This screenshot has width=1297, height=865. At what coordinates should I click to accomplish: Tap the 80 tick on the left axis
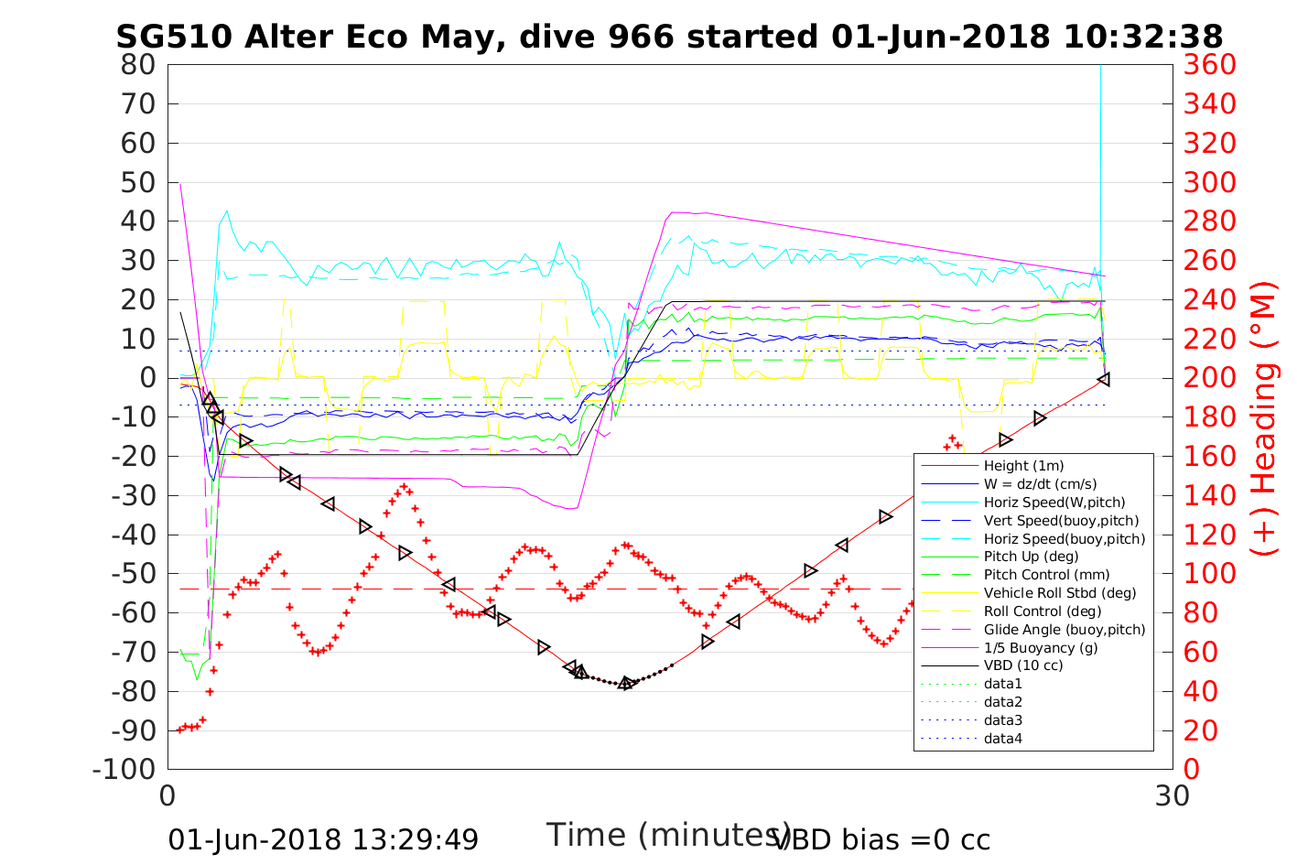point(137,65)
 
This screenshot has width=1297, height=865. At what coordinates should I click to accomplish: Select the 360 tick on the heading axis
point(1209,65)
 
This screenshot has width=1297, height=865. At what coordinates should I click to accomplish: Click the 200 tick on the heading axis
point(1209,378)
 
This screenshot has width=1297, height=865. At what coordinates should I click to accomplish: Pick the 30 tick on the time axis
point(1173,795)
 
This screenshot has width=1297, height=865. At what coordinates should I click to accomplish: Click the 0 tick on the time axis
point(168,795)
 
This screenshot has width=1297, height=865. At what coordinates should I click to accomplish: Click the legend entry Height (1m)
point(1023,466)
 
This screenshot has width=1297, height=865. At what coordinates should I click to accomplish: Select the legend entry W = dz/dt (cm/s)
point(1040,484)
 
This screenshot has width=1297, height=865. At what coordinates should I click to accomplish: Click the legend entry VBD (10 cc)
point(1023,665)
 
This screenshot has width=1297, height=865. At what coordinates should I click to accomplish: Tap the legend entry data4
point(1002,738)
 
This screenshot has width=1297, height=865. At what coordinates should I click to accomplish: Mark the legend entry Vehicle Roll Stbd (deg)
point(1060,593)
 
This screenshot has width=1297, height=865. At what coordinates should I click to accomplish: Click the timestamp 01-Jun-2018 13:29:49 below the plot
point(323,839)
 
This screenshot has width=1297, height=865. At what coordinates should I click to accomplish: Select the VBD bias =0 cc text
point(882,839)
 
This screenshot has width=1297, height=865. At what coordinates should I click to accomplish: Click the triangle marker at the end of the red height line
point(1104,379)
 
